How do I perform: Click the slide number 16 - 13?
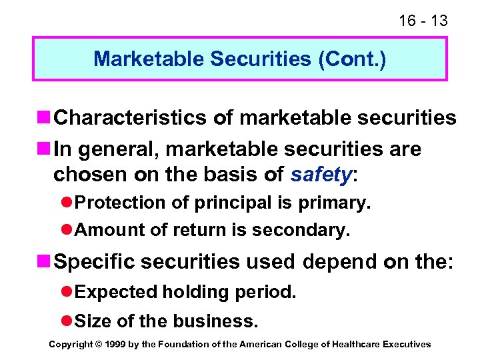(x=423, y=21)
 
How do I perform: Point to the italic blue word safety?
(x=321, y=175)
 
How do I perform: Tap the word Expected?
(x=117, y=292)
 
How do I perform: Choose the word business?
(x=215, y=321)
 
